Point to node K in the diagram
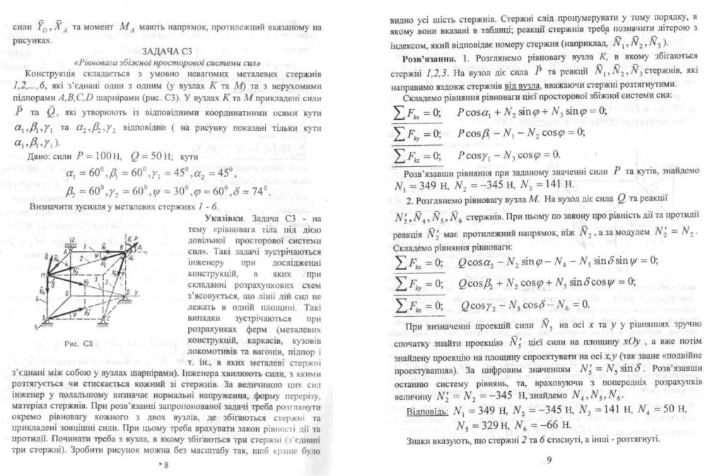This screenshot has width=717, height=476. coord(127,250)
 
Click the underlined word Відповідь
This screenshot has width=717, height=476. coord(426,411)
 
